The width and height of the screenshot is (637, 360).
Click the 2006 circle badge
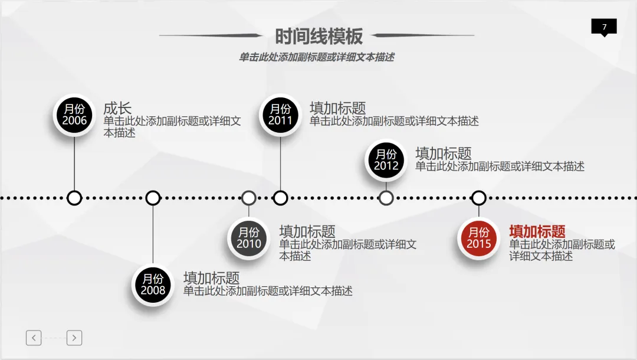pyautogui.click(x=74, y=115)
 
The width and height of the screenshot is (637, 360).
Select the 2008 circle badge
pyautogui.click(x=153, y=284)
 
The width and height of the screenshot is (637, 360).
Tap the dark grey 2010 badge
pyautogui.click(x=249, y=238)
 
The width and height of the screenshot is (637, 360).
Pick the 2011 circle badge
pyautogui.click(x=280, y=115)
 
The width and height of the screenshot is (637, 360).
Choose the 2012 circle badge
pyautogui.click(x=386, y=160)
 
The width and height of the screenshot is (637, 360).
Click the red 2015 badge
pyautogui.click(x=479, y=238)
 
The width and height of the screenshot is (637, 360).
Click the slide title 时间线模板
pyautogui.click(x=318, y=37)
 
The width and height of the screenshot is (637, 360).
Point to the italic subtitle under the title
pyautogui.click(x=316, y=57)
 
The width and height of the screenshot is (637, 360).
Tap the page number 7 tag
pyautogui.click(x=603, y=27)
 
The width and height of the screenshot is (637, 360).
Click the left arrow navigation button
pyautogui.click(x=34, y=338)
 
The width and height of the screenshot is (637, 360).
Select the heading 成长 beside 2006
pyautogui.click(x=117, y=108)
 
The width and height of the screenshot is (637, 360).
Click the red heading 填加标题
pyautogui.click(x=537, y=231)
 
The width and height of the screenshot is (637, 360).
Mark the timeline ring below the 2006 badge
pyautogui.click(x=74, y=198)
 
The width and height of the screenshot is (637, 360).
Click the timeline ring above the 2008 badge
pyautogui.click(x=153, y=198)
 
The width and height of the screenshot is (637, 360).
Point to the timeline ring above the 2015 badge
pyautogui.click(x=479, y=198)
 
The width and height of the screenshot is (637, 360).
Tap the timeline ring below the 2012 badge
pyautogui.click(x=386, y=198)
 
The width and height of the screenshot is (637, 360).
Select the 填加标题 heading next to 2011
pyautogui.click(x=337, y=108)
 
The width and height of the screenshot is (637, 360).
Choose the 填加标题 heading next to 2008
pyautogui.click(x=211, y=277)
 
